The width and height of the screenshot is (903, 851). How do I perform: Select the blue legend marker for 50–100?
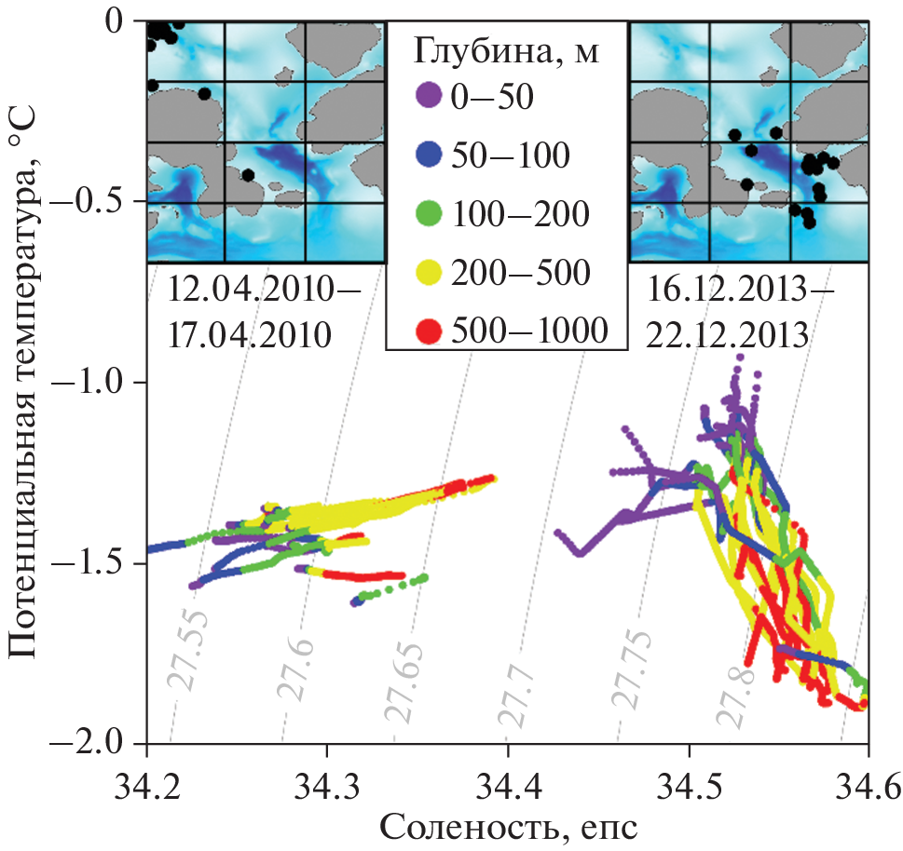click(428, 155)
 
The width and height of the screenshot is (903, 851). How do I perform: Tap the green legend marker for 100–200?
click(428, 213)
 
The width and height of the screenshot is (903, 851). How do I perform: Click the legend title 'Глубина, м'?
click(504, 53)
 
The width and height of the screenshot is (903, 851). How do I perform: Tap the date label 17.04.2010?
click(250, 333)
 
